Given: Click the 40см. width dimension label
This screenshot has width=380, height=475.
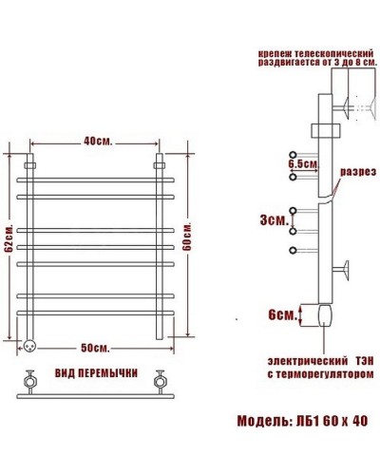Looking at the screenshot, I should pos(96,142).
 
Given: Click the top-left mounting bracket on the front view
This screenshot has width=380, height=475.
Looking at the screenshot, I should pos(30,165).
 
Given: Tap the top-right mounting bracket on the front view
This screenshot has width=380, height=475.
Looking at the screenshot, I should pos(160,165).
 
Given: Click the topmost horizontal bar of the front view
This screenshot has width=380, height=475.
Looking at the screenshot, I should pos(95,177).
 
